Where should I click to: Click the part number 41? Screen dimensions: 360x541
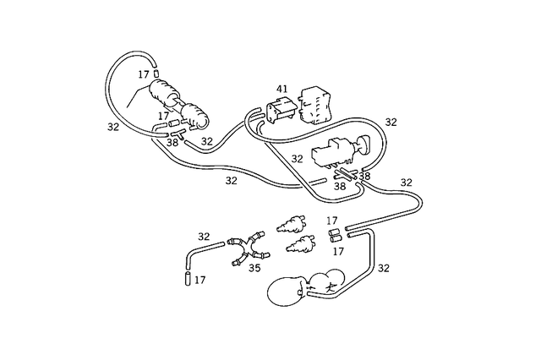tap(282, 88)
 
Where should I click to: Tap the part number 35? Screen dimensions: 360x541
tap(253, 268)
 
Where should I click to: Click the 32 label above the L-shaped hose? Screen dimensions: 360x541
tap(204, 237)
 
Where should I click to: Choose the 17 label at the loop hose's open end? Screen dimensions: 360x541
tap(144, 74)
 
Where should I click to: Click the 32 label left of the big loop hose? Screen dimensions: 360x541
tap(113, 127)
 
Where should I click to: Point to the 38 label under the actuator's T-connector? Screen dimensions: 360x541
tap(172, 143)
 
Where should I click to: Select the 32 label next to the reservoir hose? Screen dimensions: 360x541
tap(383, 268)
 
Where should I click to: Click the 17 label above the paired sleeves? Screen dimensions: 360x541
tap(332, 221)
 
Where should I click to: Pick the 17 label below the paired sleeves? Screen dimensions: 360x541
tap(338, 251)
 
